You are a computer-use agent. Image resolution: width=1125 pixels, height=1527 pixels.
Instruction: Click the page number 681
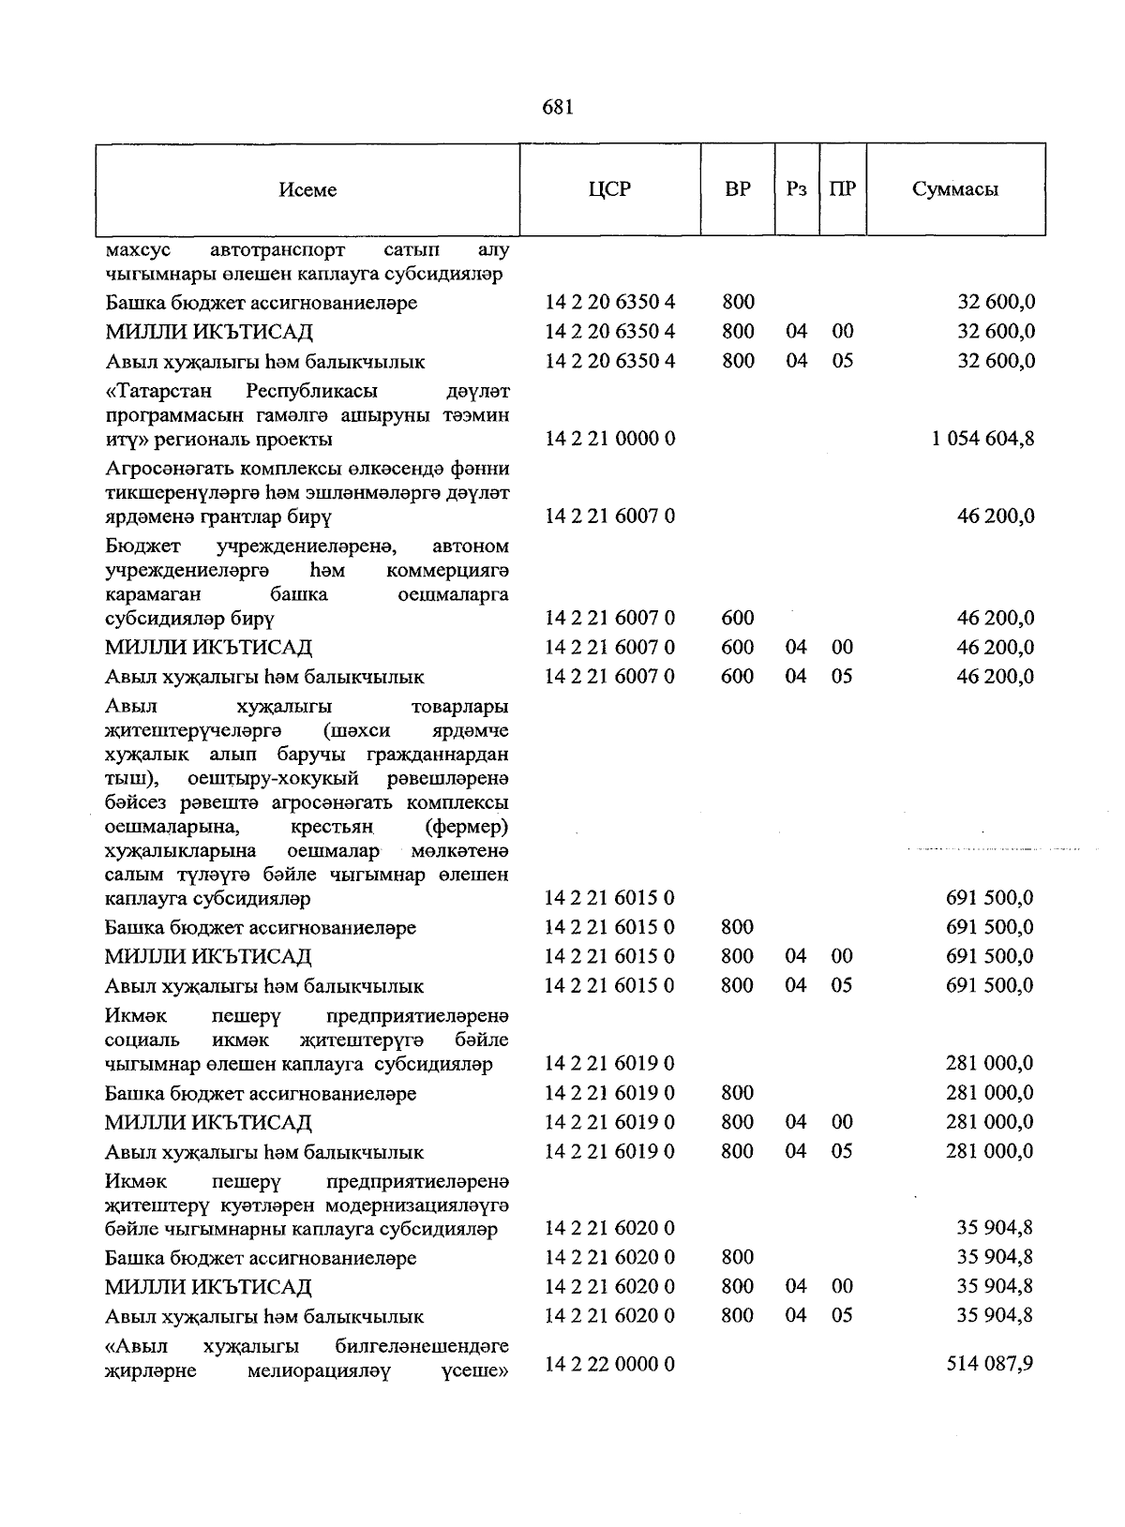[x=557, y=108]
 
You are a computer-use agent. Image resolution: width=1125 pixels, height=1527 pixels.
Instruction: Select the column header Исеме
[x=307, y=190]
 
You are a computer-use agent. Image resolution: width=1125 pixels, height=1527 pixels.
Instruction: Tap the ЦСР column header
[x=609, y=189]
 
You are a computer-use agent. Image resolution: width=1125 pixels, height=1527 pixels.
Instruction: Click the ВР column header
[x=738, y=189]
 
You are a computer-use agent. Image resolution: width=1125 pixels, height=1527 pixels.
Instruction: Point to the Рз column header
[x=797, y=189]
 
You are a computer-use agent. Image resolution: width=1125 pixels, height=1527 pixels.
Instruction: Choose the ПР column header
[x=842, y=189]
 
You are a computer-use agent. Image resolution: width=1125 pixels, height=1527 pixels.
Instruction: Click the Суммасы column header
[x=955, y=189]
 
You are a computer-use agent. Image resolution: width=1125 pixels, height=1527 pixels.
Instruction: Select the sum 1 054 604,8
[x=983, y=438]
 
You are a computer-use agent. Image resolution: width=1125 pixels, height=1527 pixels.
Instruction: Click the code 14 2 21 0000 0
[x=609, y=438]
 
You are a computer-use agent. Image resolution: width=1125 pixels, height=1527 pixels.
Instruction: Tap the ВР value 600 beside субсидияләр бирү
[x=738, y=618]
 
